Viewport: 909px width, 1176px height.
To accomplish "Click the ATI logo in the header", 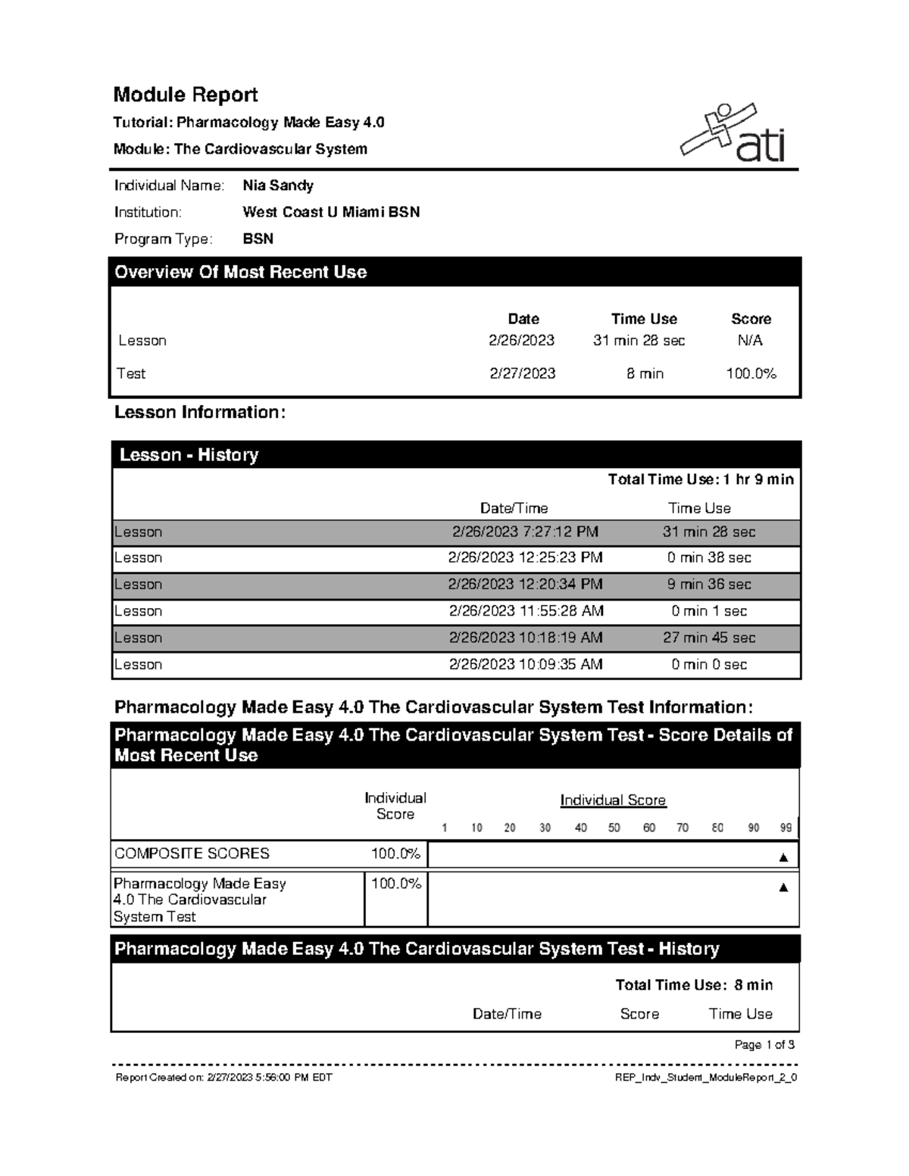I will (x=733, y=133).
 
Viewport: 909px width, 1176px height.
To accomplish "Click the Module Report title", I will (x=186, y=95).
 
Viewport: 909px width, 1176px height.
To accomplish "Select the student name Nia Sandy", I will (x=277, y=186).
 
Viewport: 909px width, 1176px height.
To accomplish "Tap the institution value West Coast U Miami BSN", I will (x=331, y=212).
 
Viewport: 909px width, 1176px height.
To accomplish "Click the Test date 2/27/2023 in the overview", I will (x=522, y=373).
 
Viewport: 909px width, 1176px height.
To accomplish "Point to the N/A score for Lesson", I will (x=750, y=341).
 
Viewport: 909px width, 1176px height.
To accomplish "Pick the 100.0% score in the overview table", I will (x=751, y=373).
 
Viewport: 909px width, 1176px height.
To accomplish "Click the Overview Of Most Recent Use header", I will (x=240, y=273).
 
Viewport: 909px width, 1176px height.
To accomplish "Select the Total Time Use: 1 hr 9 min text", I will (x=701, y=479).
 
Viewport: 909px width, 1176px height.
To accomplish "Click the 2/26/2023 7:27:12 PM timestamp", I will (x=525, y=532).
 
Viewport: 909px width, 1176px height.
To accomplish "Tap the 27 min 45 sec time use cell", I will (x=709, y=638).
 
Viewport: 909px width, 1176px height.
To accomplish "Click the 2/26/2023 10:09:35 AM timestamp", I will (x=525, y=664).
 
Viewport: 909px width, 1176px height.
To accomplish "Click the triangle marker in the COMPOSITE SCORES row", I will (x=783, y=857).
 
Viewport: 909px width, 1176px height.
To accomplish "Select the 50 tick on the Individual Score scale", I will (x=614, y=828).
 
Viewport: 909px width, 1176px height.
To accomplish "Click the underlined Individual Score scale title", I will (x=613, y=800).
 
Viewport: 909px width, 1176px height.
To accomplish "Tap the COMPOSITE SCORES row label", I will (x=192, y=853).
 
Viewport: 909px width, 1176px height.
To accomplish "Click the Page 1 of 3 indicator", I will (x=764, y=1045).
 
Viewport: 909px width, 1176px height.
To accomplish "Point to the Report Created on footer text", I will (x=223, y=1078).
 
